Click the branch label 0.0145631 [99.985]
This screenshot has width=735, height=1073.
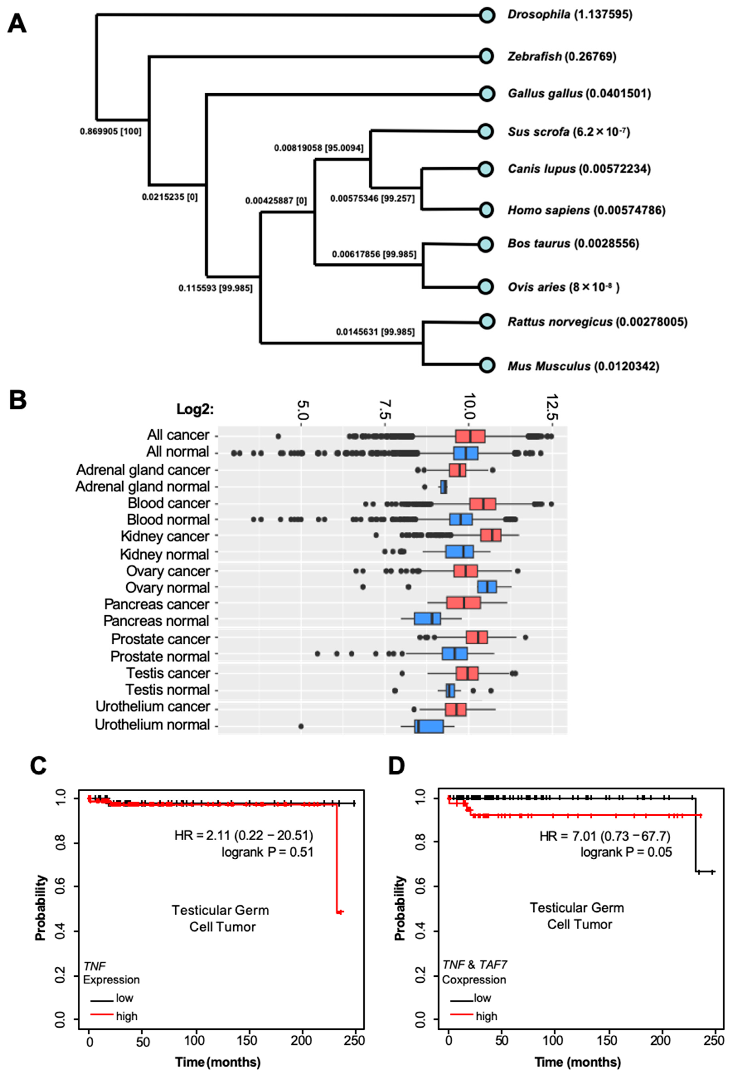[x=375, y=332]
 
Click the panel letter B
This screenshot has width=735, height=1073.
[x=18, y=400]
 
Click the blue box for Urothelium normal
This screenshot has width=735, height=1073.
[x=429, y=726]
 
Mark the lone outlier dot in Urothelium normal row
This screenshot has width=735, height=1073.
[x=301, y=726]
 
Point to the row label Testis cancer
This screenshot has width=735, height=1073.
[x=168, y=673]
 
